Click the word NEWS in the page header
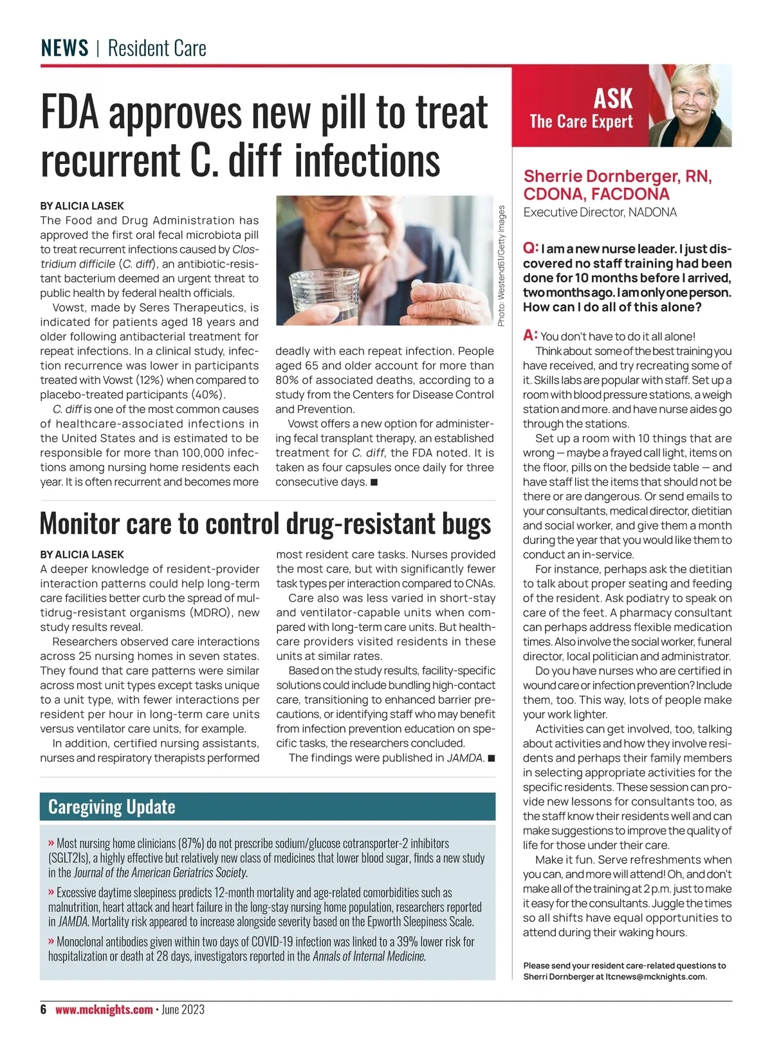(x=64, y=48)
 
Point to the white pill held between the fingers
(x=418, y=284)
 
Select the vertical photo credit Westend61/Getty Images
(x=502, y=265)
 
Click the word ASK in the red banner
(x=612, y=98)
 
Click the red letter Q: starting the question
(x=530, y=248)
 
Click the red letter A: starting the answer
(x=530, y=335)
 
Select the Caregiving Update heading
(x=112, y=807)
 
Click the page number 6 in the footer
(x=44, y=1009)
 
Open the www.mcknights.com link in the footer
(x=104, y=1009)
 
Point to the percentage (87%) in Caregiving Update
(x=191, y=843)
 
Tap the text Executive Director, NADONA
(x=600, y=212)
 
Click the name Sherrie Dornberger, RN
(x=617, y=176)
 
